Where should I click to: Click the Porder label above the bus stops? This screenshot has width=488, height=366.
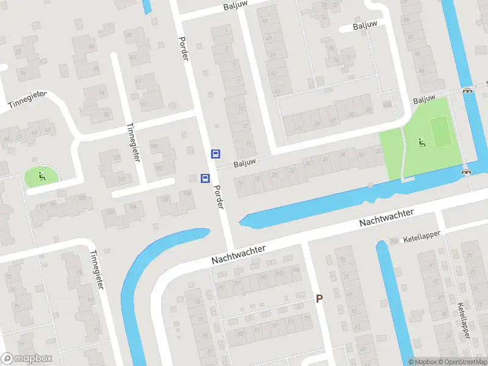pos(184,48)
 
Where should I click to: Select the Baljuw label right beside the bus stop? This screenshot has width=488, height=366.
pos(244,162)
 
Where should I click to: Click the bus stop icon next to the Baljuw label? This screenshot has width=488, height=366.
pos(215,154)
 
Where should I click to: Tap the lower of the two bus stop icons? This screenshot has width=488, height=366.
pos(206,179)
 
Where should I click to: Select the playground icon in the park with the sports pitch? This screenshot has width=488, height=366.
pos(421,143)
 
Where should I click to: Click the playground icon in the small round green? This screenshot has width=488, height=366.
pos(41,177)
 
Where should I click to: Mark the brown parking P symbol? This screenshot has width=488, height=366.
pos(318,298)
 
